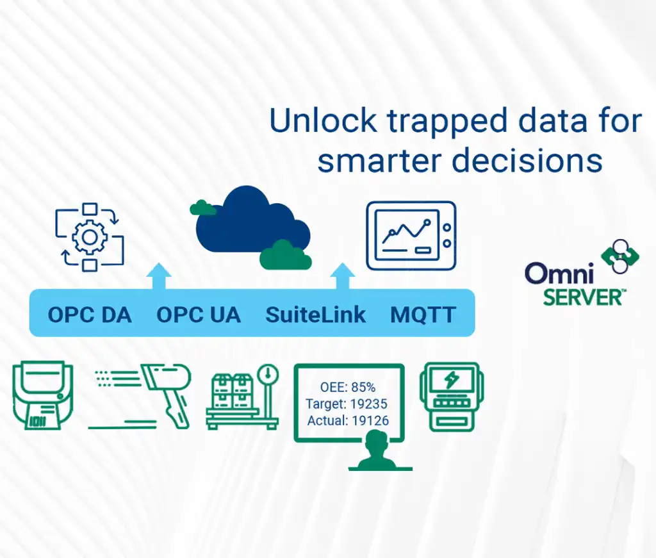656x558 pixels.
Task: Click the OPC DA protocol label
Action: click(90, 315)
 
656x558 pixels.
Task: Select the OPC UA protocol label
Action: click(199, 315)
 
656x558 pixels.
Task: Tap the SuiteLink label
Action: click(316, 315)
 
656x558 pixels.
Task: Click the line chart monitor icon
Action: click(410, 235)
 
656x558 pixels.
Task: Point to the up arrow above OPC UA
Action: click(158, 275)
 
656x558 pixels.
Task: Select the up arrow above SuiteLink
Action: click(343, 275)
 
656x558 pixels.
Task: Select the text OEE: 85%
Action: click(348, 388)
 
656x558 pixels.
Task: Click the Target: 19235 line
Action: click(347, 404)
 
